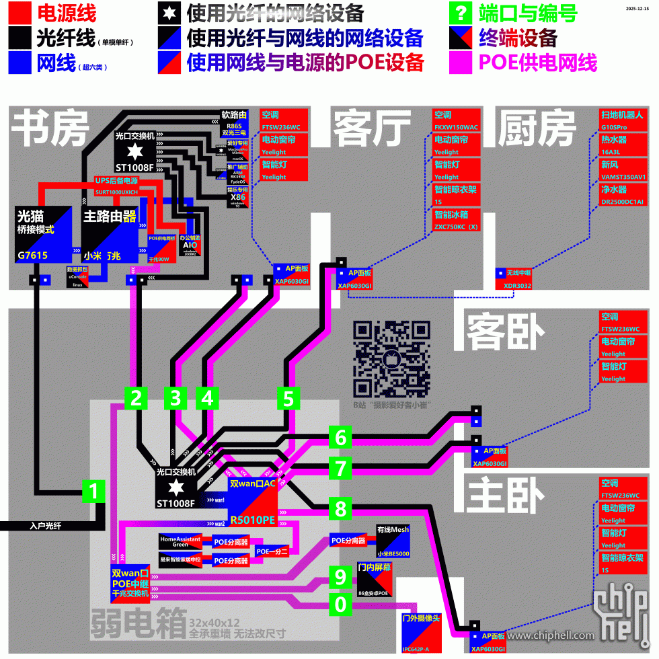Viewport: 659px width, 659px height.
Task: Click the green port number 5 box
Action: click(288, 398)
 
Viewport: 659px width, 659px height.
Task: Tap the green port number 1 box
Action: click(93, 492)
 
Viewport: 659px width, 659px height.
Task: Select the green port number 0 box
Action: click(341, 605)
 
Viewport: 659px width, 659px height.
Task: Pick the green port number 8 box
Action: click(341, 508)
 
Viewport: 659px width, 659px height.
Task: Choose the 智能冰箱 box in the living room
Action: click(457, 220)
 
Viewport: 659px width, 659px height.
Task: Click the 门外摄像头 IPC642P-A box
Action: click(420, 632)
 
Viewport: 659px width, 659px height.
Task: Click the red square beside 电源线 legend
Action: click(20, 13)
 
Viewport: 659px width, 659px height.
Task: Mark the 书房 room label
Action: click(51, 128)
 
